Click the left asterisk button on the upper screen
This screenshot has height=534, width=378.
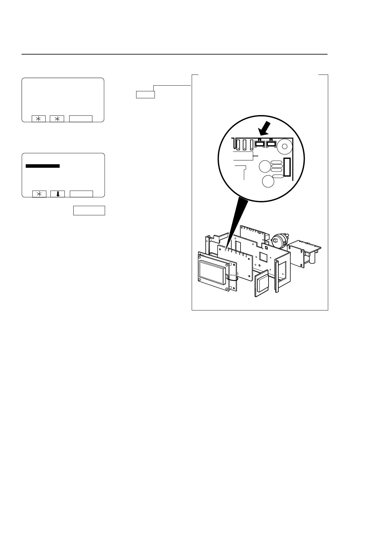point(39,119)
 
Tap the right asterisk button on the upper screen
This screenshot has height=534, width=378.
point(57,119)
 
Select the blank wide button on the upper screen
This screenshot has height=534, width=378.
point(81,119)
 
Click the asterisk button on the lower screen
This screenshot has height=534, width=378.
point(39,194)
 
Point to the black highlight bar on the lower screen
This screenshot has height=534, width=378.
point(43,166)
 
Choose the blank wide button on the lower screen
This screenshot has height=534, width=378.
point(81,194)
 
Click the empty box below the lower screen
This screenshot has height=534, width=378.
point(89,211)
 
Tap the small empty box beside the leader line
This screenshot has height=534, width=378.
point(145,94)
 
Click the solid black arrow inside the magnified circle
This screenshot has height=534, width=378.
point(264,128)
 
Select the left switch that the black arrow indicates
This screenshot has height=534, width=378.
point(260,144)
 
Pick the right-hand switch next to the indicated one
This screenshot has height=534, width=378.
point(271,144)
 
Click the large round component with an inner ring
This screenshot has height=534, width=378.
point(284,147)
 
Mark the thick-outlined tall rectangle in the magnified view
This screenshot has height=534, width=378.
point(287,167)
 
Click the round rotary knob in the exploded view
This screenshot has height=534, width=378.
point(277,242)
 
